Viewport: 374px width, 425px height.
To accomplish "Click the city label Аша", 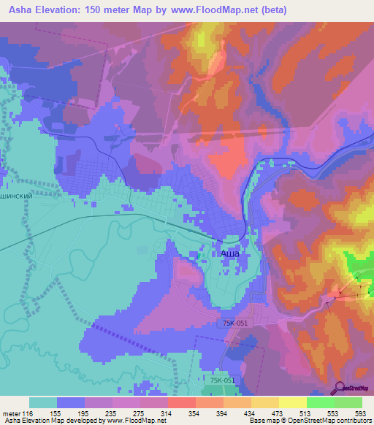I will [230, 252].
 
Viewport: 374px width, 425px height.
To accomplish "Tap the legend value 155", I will [57, 413].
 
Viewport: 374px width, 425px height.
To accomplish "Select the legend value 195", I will [85, 413].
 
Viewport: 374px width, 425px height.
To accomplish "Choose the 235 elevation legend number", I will [112, 413].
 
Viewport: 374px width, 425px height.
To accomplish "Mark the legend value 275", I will [140, 413].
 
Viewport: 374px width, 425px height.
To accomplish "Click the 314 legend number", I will [168, 413].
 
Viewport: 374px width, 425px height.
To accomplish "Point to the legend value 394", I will [224, 413].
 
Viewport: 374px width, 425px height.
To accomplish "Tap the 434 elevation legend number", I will [251, 413].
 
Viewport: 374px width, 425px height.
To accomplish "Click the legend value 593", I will [362, 413].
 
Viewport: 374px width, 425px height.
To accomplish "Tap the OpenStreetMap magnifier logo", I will [340, 387].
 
